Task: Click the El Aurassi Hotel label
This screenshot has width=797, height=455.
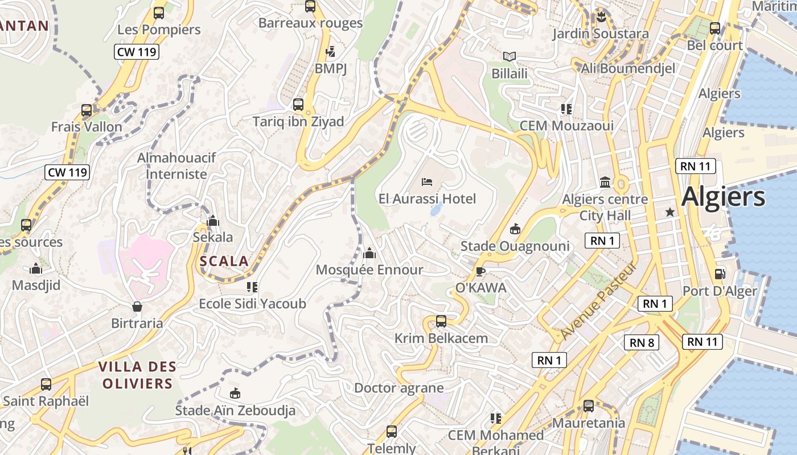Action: [427, 198]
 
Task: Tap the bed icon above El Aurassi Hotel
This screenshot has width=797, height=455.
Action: [427, 182]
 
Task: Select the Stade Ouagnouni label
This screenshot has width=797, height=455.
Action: [515, 246]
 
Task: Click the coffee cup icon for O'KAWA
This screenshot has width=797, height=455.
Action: [480, 271]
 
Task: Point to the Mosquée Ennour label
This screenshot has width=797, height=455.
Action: [369, 270]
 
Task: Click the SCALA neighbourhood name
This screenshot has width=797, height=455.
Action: [224, 262]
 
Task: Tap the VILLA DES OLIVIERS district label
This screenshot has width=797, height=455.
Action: [137, 375]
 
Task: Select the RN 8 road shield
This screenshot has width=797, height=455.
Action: [642, 342]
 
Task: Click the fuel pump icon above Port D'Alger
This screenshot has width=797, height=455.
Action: [720, 274]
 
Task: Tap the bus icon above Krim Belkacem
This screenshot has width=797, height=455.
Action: [441, 321]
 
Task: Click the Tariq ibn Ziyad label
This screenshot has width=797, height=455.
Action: [298, 121]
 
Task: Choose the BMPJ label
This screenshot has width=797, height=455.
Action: [331, 68]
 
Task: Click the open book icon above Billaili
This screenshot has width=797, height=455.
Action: [510, 56]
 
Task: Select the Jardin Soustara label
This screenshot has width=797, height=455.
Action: [600, 34]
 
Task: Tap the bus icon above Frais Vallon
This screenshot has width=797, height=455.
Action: [87, 110]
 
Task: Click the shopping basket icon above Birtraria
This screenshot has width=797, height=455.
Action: [137, 307]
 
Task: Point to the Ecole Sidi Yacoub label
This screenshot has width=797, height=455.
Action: [252, 304]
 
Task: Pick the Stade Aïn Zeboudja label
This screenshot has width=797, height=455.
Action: [235, 410]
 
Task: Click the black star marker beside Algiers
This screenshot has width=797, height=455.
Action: [670, 212]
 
